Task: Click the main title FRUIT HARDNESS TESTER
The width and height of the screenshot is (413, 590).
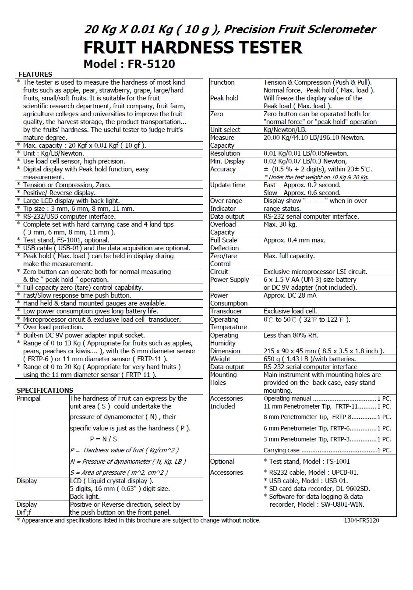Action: tap(193, 47)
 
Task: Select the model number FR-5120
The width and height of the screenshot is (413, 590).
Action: tap(151, 64)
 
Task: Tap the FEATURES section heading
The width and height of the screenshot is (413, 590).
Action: tap(35, 75)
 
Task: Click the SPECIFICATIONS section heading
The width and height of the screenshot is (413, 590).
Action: tap(45, 390)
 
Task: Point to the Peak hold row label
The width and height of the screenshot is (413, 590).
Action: tap(224, 98)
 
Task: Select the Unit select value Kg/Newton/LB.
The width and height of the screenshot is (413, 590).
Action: tap(285, 130)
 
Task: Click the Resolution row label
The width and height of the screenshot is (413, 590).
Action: tap(225, 153)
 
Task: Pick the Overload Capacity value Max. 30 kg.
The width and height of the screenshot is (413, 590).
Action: tap(280, 224)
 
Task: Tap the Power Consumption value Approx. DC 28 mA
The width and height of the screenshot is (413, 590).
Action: tap(290, 295)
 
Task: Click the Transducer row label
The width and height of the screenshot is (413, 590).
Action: tap(226, 311)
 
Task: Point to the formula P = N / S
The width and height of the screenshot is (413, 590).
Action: tap(103, 439)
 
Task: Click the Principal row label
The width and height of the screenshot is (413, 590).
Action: tap(28, 398)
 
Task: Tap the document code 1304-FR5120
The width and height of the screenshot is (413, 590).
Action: tap(361, 520)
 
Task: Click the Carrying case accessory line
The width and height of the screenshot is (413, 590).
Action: tap(327, 450)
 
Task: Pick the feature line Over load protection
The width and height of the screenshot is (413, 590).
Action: tap(53, 327)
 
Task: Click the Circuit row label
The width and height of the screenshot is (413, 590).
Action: tap(219, 272)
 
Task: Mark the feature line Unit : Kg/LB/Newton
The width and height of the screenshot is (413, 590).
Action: tap(53, 153)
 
